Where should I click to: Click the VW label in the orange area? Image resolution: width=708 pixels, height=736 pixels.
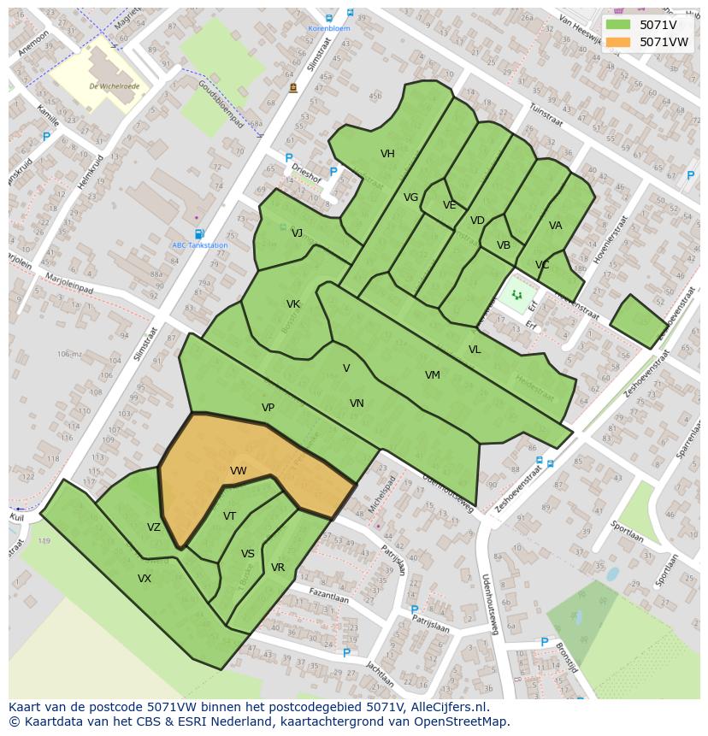coord(239,471)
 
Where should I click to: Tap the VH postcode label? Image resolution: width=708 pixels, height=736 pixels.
coord(387,154)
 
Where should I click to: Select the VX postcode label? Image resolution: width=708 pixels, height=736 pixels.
coord(145,579)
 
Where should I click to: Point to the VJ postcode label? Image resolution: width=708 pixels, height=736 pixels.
coord(297,233)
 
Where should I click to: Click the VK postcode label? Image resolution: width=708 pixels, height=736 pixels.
coord(293,304)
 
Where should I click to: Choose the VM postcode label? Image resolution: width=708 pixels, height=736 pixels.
coord(433,375)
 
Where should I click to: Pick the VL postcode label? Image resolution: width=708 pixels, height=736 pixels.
coord(475,350)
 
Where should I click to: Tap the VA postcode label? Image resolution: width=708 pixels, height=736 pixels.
coord(556,226)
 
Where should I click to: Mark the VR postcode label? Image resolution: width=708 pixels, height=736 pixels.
coord(278,568)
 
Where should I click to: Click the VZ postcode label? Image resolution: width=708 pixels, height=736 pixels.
coord(154,527)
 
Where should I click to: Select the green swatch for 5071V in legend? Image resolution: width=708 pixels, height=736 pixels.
coord(618,25)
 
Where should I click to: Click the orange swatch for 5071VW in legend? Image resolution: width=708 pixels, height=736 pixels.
coord(618,42)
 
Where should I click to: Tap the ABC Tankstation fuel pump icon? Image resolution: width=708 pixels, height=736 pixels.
coord(199,234)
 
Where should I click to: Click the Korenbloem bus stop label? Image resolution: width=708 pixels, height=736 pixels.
coord(329,28)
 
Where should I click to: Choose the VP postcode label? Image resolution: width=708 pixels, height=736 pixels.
coord(268,408)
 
